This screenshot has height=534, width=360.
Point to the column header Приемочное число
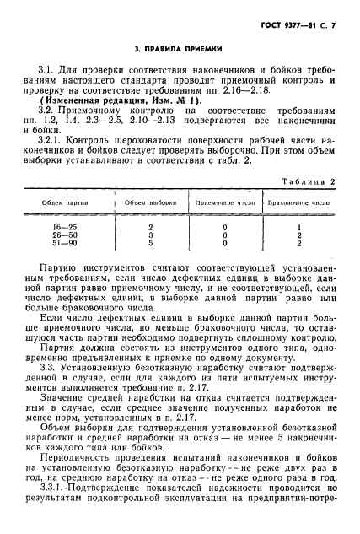click(x=224, y=203)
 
